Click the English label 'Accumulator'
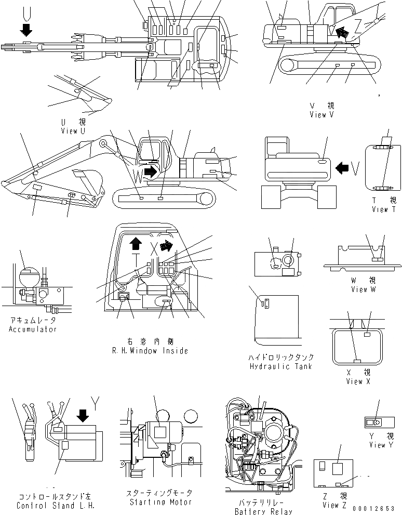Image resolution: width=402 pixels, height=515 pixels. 32,329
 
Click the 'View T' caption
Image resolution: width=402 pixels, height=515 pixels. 384,209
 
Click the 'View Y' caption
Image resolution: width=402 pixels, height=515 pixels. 377,445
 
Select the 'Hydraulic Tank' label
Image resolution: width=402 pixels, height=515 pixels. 281,366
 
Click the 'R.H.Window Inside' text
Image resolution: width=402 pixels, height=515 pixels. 150,351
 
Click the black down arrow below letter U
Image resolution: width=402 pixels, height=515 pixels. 25,29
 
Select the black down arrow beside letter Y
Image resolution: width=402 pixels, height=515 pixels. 82,416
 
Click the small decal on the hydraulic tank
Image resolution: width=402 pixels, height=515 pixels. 263,303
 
